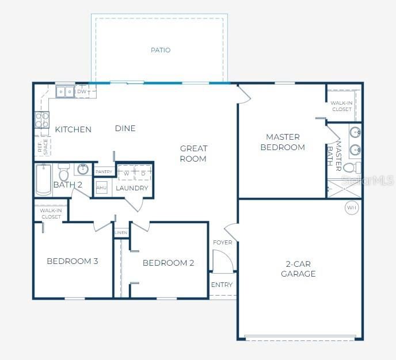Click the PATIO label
click(161, 50)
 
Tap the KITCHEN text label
click(73, 129)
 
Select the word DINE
click(125, 128)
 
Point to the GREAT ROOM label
click(193, 154)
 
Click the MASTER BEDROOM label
click(283, 142)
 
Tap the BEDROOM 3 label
click(73, 261)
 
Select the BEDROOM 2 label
click(168, 263)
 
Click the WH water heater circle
click(351, 207)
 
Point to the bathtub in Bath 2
click(44, 179)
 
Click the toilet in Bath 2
click(63, 173)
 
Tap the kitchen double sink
click(64, 91)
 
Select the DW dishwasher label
click(82, 91)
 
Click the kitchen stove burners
click(41, 120)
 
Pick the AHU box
click(101, 188)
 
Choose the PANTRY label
click(104, 172)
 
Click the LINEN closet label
click(121, 233)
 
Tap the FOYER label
click(222, 242)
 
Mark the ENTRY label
click(222, 285)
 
